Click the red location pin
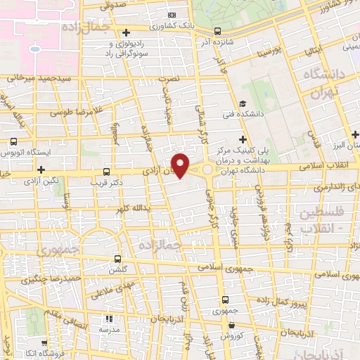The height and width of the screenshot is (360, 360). [181, 166]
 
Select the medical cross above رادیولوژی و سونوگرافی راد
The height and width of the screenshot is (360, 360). [126, 32]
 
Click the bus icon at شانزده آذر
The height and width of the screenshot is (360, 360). [217, 31]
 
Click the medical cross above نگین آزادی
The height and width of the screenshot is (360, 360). [41, 169]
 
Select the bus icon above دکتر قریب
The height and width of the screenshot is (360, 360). [106, 171]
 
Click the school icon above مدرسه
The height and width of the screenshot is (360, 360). [108, 319]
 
